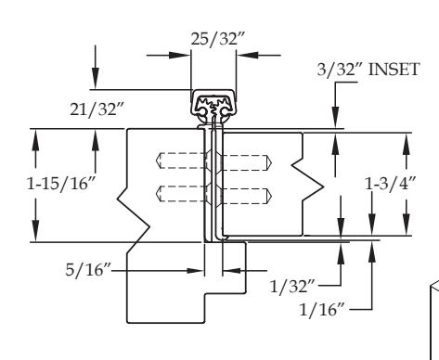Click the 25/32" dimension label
click(217, 39)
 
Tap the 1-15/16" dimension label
click(61, 184)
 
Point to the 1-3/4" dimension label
click(391, 184)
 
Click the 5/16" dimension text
click(88, 270)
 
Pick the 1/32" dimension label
click(292, 286)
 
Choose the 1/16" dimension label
click(322, 309)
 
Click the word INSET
click(394, 69)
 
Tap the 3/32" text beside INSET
click(340, 70)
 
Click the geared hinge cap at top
click(213, 106)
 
